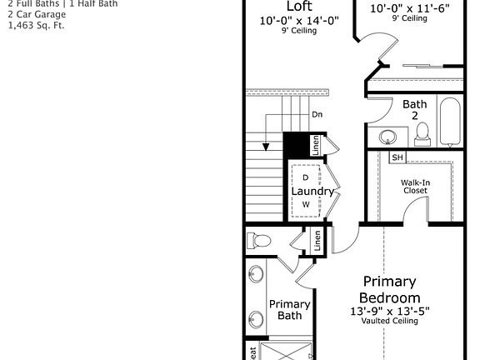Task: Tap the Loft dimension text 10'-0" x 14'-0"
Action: [299, 21]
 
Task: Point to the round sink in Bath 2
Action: [388, 136]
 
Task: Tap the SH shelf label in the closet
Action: [397, 157]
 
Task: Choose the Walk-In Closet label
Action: [414, 186]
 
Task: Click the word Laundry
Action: [312, 191]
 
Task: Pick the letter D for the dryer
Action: [306, 177]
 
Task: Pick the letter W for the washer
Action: [306, 204]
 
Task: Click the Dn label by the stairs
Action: [317, 114]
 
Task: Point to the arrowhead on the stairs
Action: [267, 147]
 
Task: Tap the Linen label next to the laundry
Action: [315, 143]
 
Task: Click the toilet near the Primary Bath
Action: [260, 242]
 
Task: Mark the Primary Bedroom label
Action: [389, 289]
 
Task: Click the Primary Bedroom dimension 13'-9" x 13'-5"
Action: [389, 312]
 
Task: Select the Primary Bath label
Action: [289, 310]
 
